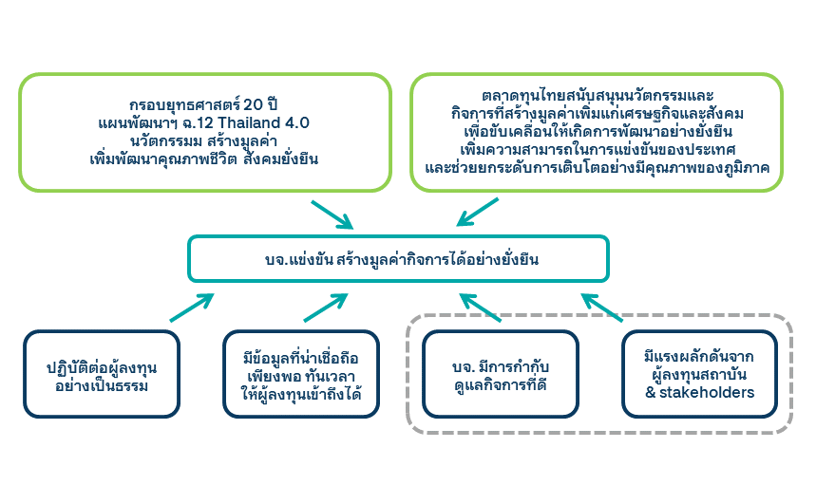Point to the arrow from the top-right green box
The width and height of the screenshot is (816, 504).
[478, 213]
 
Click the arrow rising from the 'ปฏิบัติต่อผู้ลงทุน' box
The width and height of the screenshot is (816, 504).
[193, 308]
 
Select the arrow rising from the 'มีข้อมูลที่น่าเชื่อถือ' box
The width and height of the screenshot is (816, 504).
[326, 308]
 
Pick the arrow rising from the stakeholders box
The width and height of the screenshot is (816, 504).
[602, 307]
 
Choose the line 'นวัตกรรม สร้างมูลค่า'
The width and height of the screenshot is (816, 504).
[204, 140]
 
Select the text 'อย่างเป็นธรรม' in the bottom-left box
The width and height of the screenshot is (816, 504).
[102, 386]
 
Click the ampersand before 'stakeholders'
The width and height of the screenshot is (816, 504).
[650, 392]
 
